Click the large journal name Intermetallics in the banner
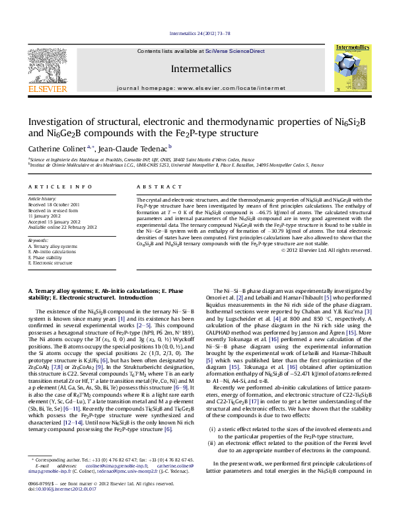[x=200, y=68]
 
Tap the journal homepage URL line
[x=200, y=87]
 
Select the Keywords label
[x=38, y=241]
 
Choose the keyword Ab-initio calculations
[x=54, y=252]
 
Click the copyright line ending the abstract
[x=326, y=249]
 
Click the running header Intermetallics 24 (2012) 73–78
[x=199, y=33]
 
